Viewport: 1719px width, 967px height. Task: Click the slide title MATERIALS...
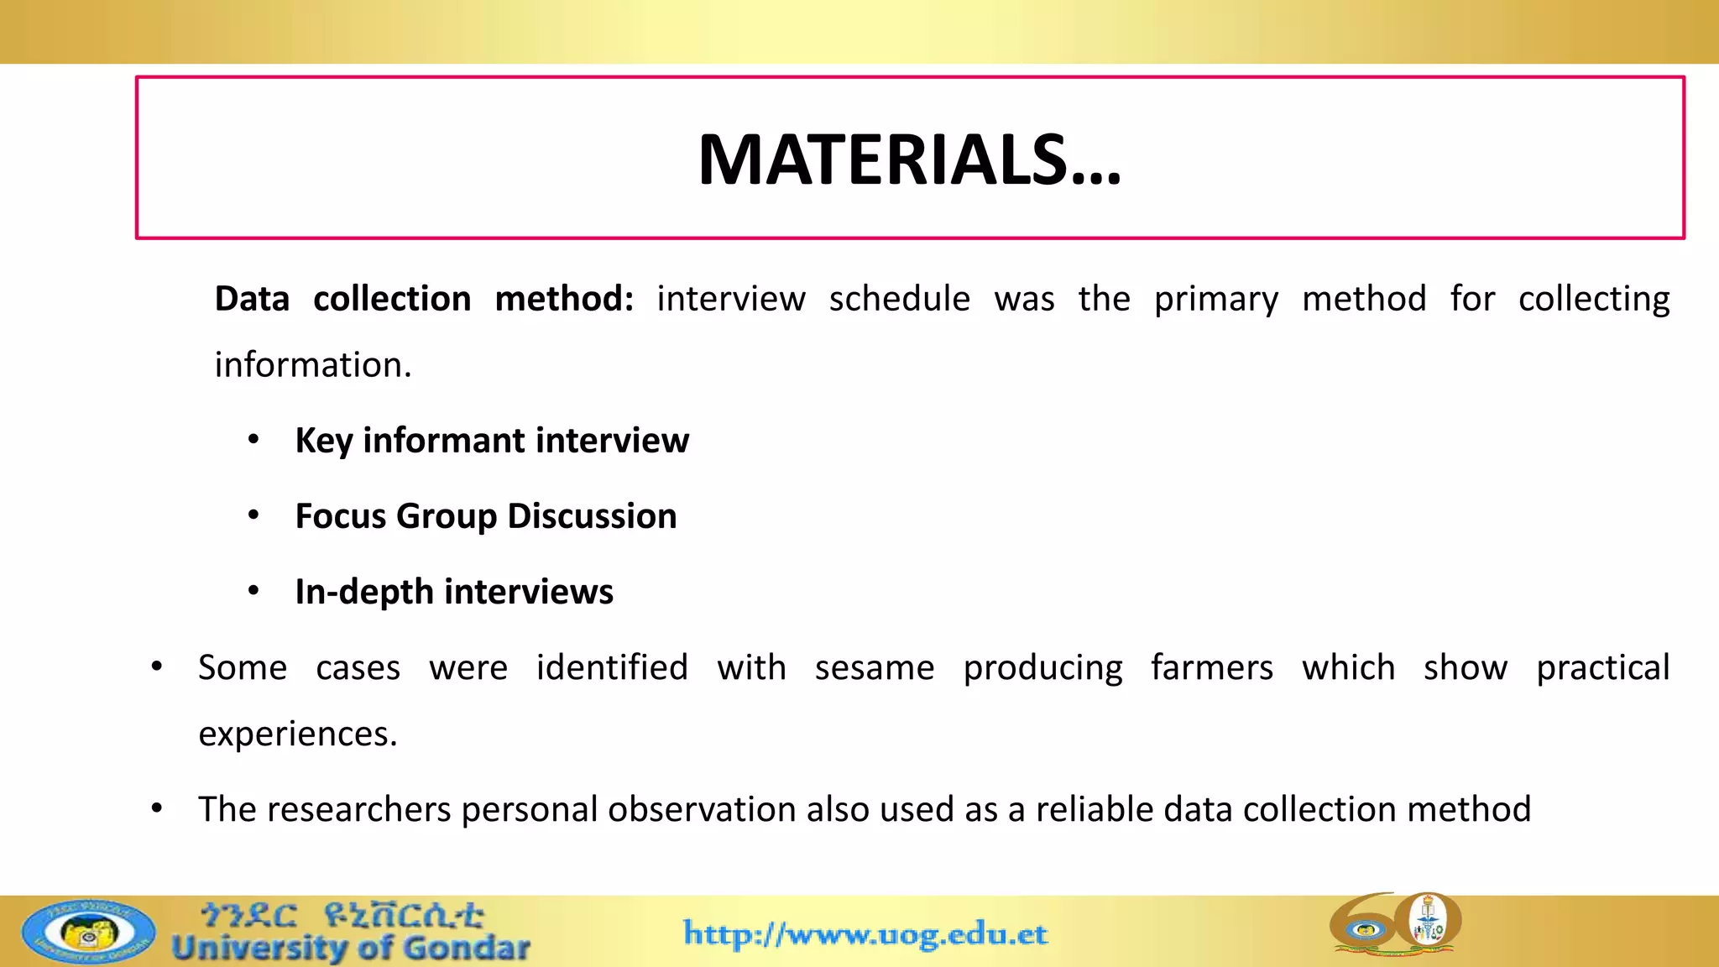pos(909,159)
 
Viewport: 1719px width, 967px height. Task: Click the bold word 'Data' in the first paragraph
pos(252,299)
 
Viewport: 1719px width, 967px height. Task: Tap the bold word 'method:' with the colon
pos(564,299)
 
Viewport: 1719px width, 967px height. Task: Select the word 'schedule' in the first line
pos(899,299)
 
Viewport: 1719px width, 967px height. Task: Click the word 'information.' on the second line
pos(313,365)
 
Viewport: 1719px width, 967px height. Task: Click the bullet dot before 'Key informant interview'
pos(253,439)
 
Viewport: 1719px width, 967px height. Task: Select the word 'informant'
pos(443,441)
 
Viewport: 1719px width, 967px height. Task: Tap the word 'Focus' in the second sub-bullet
pos(340,516)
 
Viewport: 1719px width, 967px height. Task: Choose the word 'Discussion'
pos(592,516)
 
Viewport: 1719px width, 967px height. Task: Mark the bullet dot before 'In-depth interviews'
pos(253,591)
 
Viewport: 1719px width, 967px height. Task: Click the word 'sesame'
pos(874,668)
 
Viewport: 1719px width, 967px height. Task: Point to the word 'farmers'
pos(1211,668)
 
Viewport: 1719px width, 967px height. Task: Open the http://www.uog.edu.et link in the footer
pos(865,933)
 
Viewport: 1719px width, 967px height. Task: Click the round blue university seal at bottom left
pos(89,933)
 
